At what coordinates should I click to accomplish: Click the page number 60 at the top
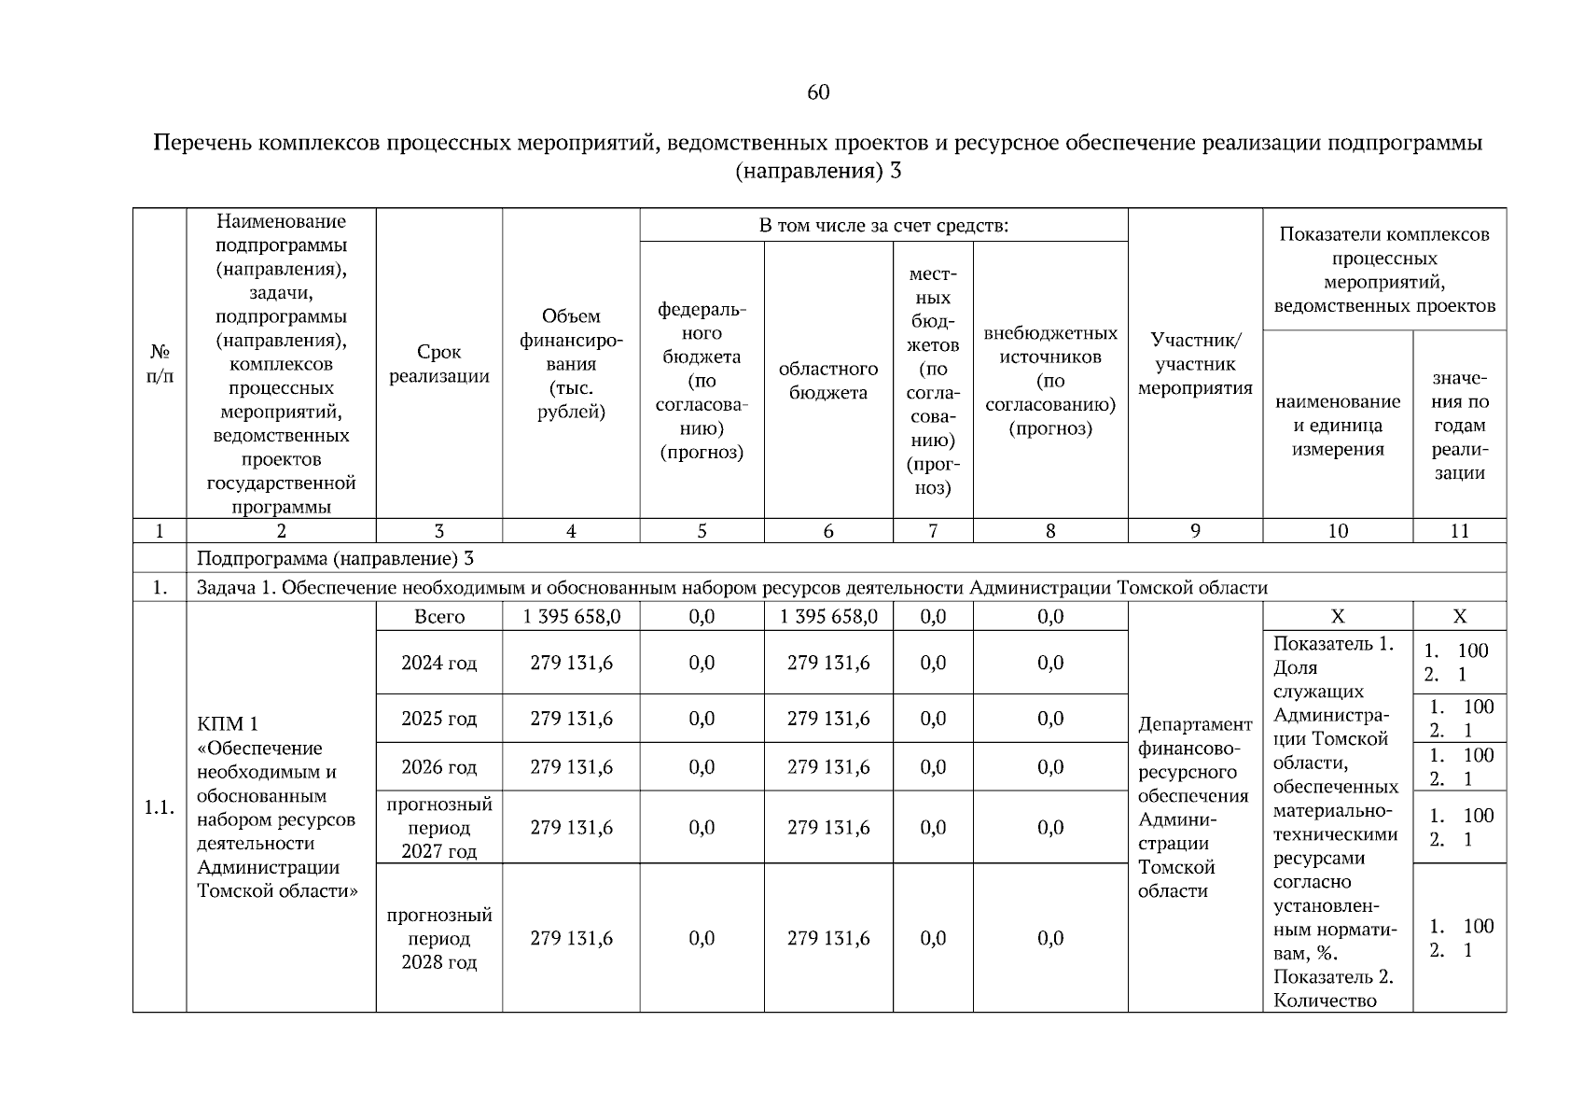pyautogui.click(x=817, y=92)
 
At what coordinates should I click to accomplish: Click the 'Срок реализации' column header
pyautogui.click(x=438, y=364)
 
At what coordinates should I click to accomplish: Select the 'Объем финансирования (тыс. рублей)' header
pyautogui.click(x=571, y=364)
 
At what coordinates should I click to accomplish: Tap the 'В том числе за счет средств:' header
pyautogui.click(x=883, y=225)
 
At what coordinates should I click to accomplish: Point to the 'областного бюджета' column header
pyautogui.click(x=827, y=381)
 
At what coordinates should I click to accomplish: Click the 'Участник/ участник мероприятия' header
pyautogui.click(x=1194, y=364)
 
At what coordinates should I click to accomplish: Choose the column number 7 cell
pyautogui.click(x=932, y=531)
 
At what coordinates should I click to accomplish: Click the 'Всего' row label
pyautogui.click(x=438, y=617)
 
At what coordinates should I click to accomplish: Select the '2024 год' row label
pyautogui.click(x=438, y=663)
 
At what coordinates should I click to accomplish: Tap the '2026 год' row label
pyautogui.click(x=438, y=767)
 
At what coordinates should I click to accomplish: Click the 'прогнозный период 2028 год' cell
pyautogui.click(x=438, y=938)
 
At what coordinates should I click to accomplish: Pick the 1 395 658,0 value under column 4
pyautogui.click(x=571, y=617)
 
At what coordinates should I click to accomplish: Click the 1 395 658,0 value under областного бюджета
pyautogui.click(x=827, y=617)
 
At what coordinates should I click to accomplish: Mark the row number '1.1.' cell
pyautogui.click(x=160, y=807)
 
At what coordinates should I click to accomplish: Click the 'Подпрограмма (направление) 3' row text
pyautogui.click(x=336, y=558)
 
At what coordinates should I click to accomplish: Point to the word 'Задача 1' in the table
pyautogui.click(x=231, y=587)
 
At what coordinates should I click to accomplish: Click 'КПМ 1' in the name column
pyautogui.click(x=228, y=724)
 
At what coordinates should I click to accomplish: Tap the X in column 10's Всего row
pyautogui.click(x=1337, y=617)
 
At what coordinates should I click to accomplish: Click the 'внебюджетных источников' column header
pyautogui.click(x=1049, y=381)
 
